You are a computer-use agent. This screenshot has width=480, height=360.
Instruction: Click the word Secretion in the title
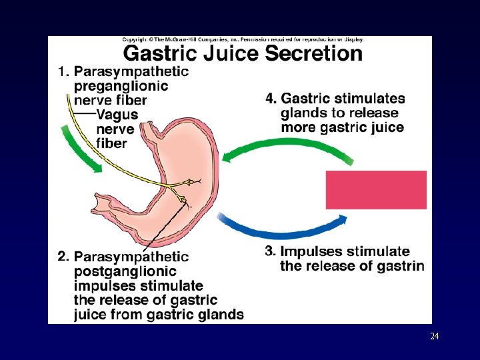click(x=313, y=53)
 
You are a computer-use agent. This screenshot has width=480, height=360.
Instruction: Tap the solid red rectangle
click(x=376, y=189)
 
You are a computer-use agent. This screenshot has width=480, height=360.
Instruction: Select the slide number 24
click(x=434, y=337)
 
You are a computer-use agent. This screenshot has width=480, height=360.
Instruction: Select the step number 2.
click(x=63, y=256)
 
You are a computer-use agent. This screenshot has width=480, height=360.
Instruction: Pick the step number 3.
click(x=270, y=251)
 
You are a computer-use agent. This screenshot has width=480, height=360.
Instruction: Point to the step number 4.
click(x=271, y=99)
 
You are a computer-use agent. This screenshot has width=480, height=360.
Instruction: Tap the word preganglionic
click(x=121, y=87)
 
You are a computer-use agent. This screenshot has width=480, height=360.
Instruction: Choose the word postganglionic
click(x=125, y=271)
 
